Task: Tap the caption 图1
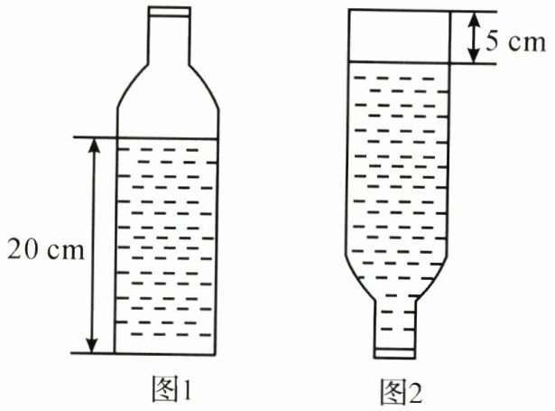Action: (171, 388)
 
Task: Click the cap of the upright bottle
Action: (168, 14)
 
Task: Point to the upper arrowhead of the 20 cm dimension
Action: (91, 145)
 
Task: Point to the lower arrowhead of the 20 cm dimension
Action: (91, 345)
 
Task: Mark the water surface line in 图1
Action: (168, 137)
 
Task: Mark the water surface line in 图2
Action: (398, 62)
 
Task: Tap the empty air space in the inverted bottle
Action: (398, 36)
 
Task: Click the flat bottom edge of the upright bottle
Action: (168, 352)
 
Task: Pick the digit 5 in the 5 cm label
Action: (488, 42)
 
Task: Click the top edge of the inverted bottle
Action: (398, 11)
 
